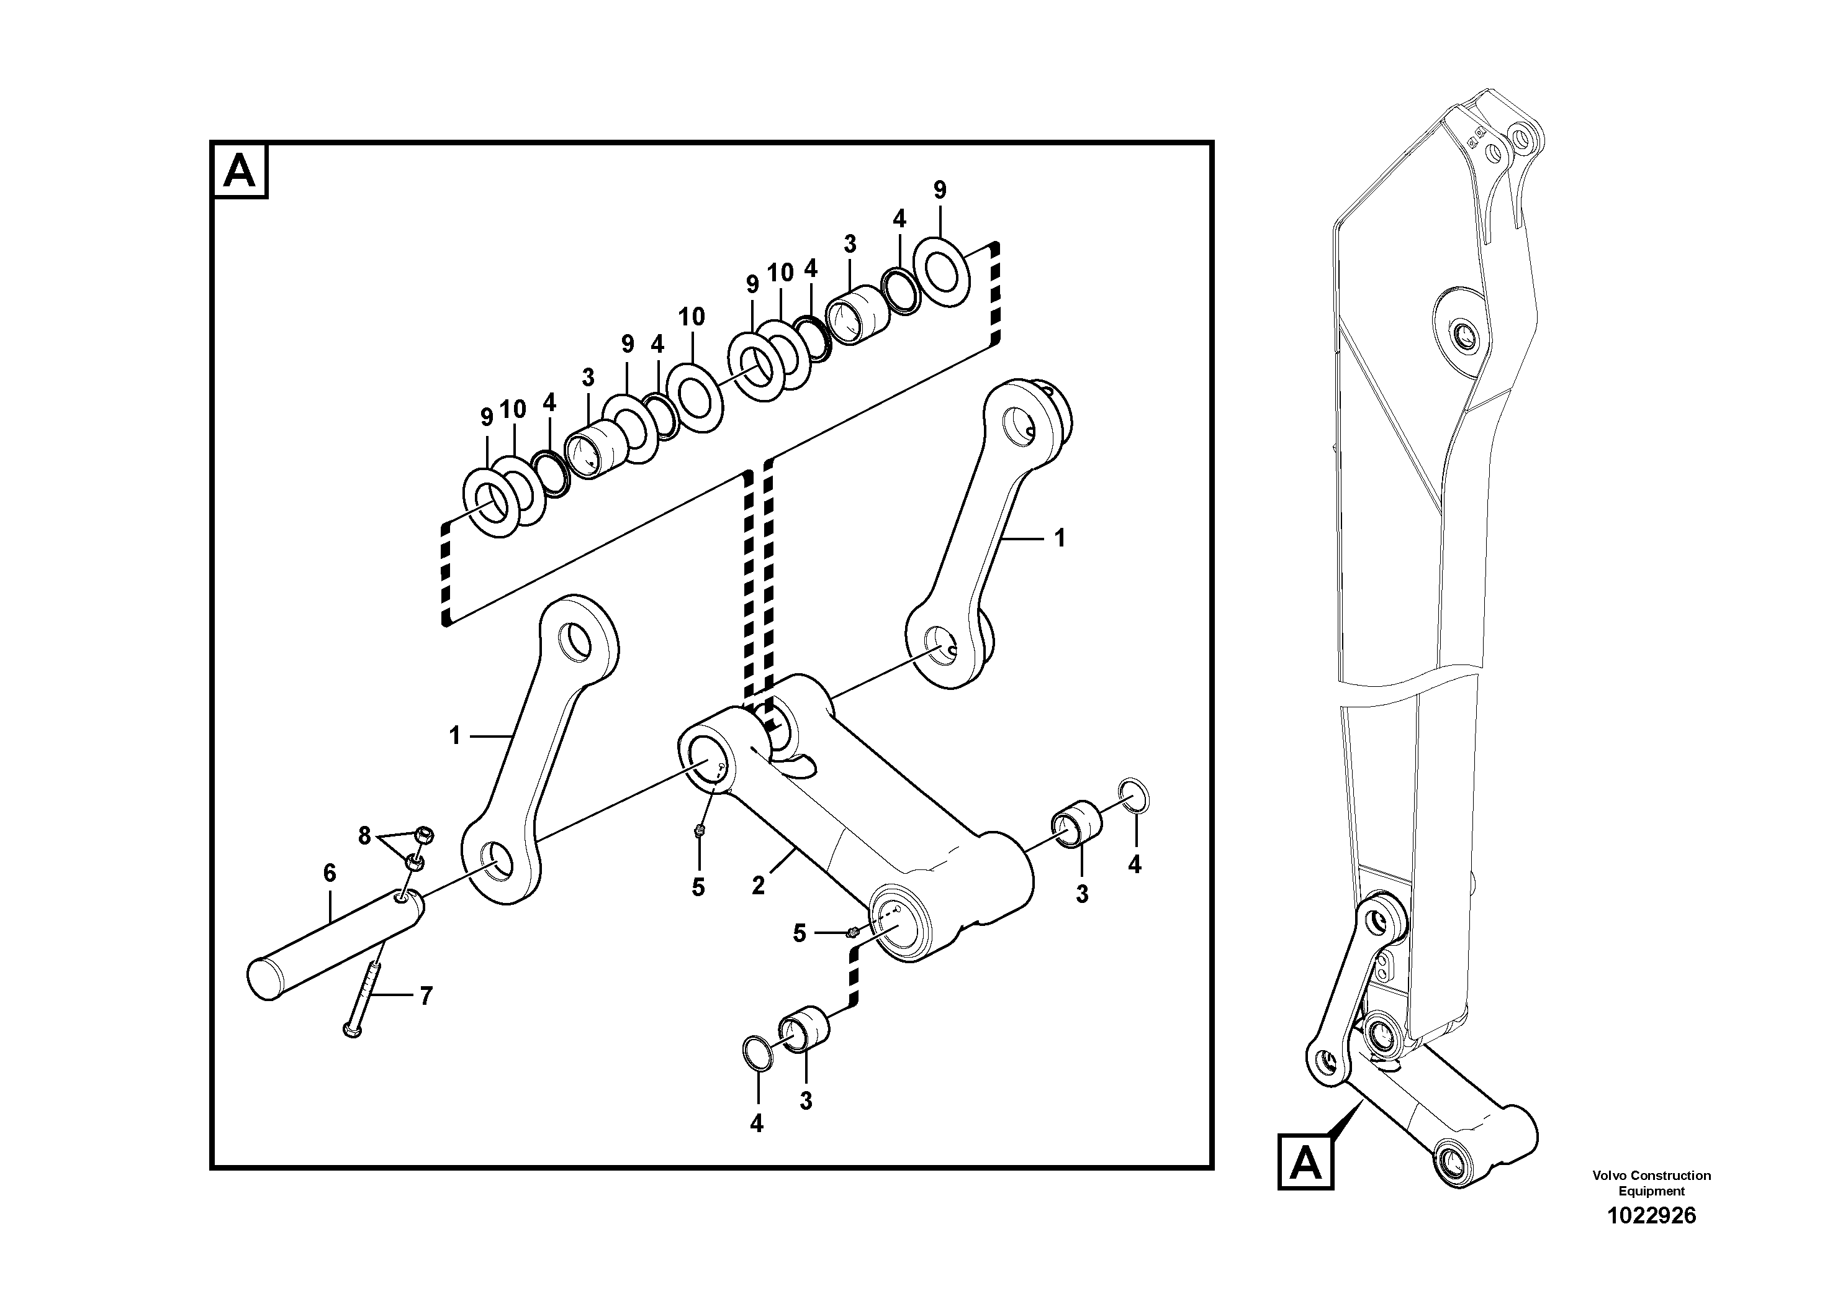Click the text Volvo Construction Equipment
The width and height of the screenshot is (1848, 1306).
1651,1183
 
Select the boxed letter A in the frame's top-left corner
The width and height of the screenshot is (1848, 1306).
240,171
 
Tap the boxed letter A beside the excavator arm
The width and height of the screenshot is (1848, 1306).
1305,1162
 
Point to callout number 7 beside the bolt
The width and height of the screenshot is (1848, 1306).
426,996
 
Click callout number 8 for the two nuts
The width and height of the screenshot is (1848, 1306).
364,836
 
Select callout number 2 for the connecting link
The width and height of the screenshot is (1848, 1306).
758,885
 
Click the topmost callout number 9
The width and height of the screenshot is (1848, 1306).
939,190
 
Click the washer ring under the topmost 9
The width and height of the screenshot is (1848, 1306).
941,271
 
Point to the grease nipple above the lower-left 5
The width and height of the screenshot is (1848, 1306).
700,832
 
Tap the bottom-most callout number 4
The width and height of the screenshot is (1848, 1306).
757,1124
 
